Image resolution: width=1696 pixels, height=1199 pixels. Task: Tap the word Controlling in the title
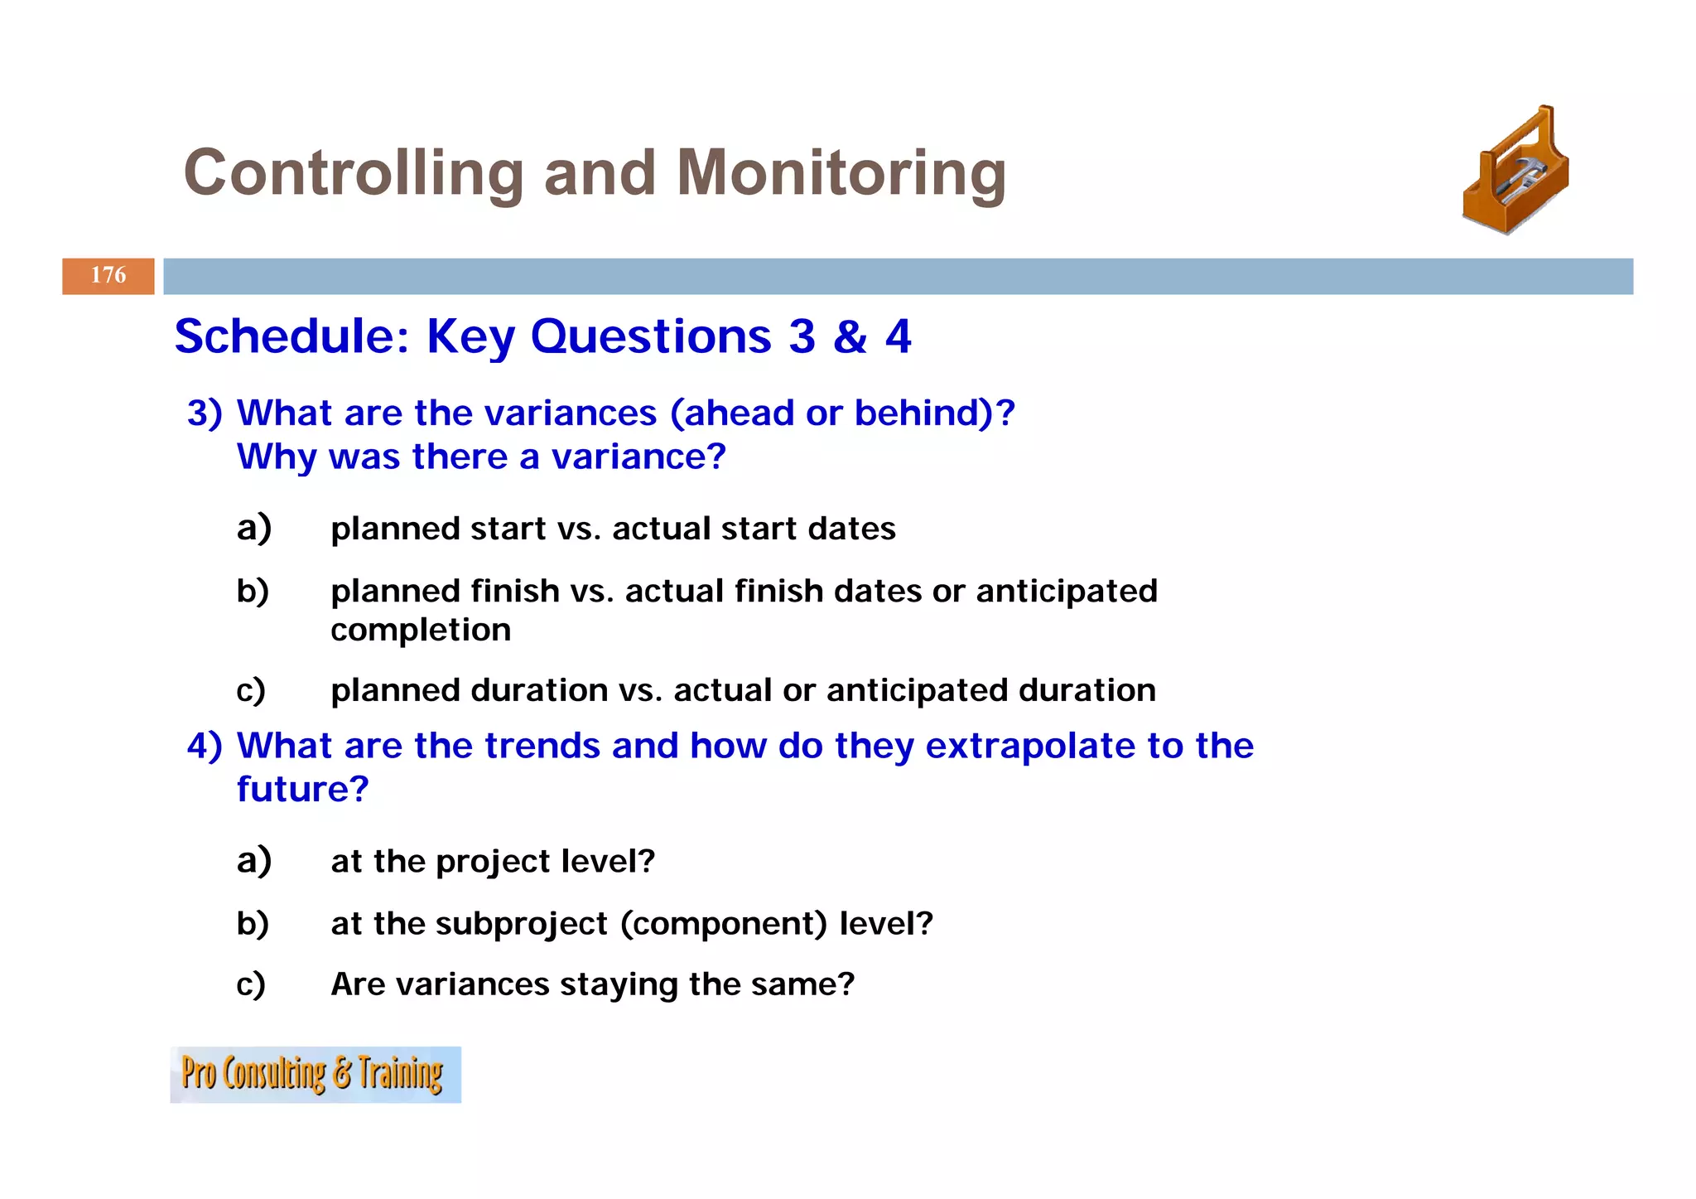click(x=353, y=173)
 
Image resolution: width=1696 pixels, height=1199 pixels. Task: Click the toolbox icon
click(x=1515, y=172)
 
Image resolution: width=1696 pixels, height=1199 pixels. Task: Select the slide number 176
click(x=108, y=276)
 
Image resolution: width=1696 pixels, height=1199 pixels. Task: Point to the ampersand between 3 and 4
click(x=850, y=337)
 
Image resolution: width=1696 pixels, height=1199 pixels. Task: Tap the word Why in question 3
click(x=277, y=457)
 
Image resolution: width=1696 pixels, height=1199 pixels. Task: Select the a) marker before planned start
click(x=253, y=528)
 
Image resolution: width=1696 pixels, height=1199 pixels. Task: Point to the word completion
click(x=421, y=631)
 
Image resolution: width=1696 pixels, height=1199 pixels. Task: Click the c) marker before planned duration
click(x=251, y=690)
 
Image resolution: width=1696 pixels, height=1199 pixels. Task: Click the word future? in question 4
click(x=302, y=789)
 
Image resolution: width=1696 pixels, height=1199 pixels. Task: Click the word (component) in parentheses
click(x=724, y=924)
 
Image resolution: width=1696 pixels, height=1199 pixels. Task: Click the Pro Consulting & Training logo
click(x=315, y=1075)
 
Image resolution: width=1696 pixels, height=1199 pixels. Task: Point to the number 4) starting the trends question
click(x=205, y=746)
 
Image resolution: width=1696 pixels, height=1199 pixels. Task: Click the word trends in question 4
click(x=542, y=746)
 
